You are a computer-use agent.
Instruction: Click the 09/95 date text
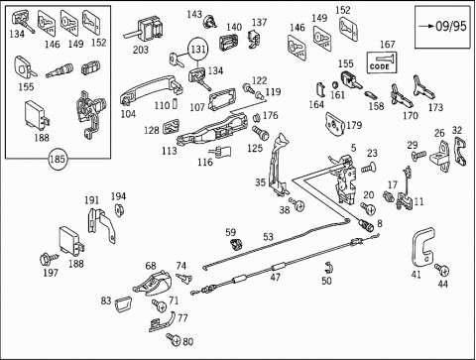451,26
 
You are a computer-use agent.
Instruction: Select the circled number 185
57,160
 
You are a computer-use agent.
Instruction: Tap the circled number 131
198,50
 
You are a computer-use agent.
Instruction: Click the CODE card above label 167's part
382,61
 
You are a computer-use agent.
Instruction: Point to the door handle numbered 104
151,88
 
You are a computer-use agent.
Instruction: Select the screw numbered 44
442,270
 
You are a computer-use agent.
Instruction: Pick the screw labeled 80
174,339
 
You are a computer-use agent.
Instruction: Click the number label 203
141,50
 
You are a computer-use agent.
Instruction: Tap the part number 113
169,151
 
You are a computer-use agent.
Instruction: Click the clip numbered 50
328,267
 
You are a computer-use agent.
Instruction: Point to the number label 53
268,237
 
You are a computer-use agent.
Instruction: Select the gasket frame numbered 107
222,99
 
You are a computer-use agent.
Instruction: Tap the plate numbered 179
335,124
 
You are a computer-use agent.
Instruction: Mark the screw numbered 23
369,168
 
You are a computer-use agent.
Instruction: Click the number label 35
260,182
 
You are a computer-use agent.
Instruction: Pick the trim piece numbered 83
123,304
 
